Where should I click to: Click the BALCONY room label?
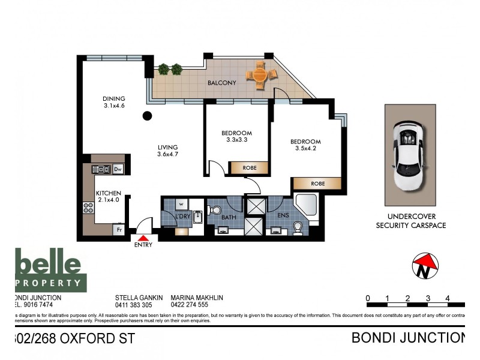222,83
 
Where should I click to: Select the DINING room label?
113,99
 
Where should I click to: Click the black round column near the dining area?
147,116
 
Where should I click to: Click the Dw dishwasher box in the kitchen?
118,169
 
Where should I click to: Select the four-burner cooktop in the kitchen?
88,208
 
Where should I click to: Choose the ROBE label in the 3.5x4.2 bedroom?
317,184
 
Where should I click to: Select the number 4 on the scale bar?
448,298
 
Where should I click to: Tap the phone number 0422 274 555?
190,305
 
